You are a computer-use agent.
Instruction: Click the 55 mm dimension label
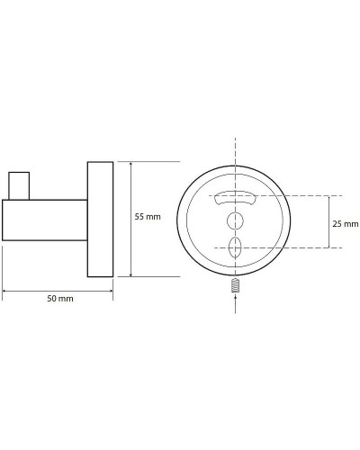pos(147,218)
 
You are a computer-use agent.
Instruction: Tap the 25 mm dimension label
pos(346,222)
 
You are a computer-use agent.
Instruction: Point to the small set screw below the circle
pos(236,287)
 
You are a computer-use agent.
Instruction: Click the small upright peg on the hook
pos(16,184)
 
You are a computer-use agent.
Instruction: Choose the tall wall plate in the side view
pos(100,220)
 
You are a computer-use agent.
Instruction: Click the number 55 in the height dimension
pos(140,218)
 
